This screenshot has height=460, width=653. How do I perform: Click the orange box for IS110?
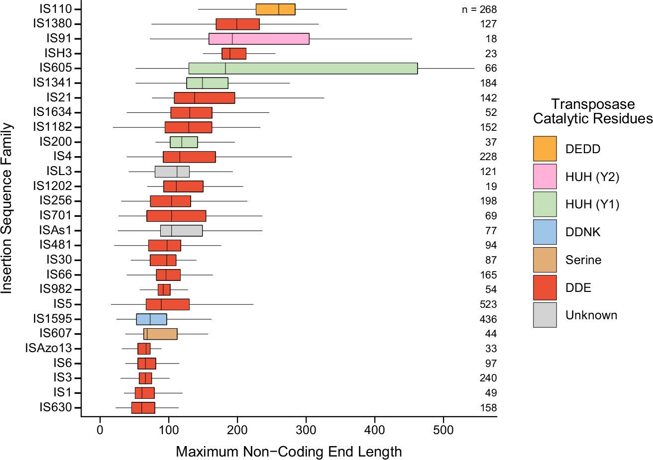(276, 9)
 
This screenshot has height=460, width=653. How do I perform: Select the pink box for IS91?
(259, 39)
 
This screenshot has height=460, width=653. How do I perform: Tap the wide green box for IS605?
(303, 68)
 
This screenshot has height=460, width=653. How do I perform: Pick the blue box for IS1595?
(151, 319)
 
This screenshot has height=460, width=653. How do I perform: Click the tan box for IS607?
(160, 334)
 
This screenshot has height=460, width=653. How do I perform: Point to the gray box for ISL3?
(172, 172)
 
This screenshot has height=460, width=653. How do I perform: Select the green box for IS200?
(184, 142)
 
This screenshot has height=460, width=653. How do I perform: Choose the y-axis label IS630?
(56, 408)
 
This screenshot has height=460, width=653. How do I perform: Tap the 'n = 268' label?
(479, 9)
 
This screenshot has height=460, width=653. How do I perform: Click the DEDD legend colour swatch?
(545, 149)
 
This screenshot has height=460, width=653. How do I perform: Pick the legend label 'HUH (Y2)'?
(592, 177)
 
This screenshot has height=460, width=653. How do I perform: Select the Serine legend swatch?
(545, 260)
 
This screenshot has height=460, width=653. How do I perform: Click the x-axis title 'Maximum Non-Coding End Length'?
(289, 452)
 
